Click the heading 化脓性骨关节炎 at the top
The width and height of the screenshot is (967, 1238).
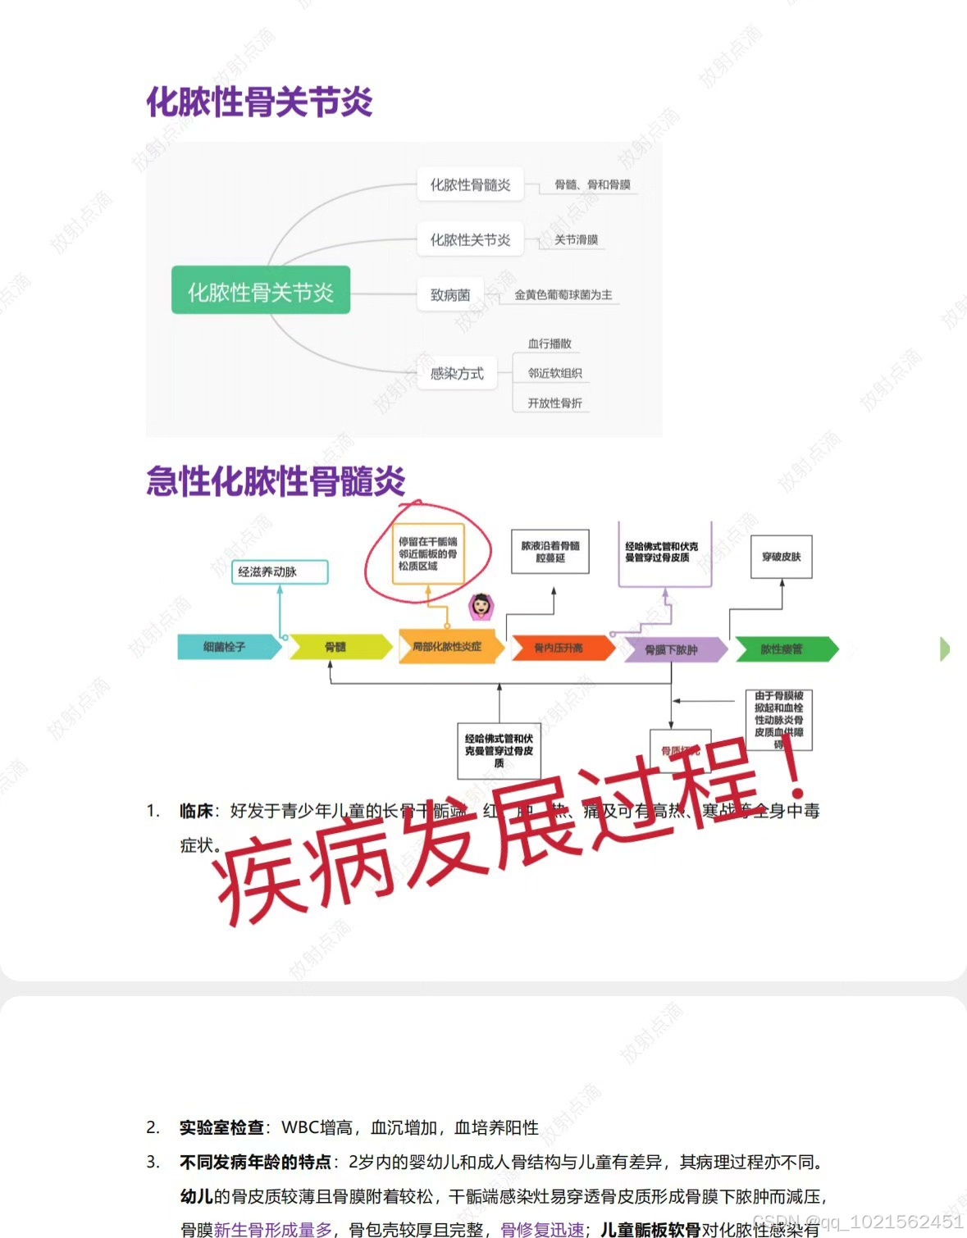point(259,102)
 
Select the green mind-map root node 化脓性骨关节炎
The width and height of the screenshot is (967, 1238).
point(261,291)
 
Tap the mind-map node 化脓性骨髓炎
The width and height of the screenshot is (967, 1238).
point(470,185)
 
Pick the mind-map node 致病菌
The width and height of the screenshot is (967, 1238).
point(450,295)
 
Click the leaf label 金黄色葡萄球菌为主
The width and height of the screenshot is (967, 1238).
point(563,295)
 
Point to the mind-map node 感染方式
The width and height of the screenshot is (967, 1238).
point(457,374)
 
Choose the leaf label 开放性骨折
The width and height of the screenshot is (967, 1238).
point(554,403)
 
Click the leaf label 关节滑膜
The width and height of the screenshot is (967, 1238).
point(576,240)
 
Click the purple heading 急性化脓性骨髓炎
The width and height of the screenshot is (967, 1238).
point(276,481)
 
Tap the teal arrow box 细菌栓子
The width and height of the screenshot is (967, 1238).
point(226,647)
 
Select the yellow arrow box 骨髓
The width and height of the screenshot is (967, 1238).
point(336,647)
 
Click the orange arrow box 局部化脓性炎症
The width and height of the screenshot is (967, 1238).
point(447,647)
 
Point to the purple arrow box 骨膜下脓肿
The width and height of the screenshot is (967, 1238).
point(671,650)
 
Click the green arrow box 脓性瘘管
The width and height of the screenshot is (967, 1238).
point(782,649)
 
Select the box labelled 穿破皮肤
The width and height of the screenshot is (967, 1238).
point(781,557)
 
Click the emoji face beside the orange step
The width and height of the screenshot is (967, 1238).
point(481,605)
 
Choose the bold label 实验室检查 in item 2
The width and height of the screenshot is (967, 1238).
point(221,1128)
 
